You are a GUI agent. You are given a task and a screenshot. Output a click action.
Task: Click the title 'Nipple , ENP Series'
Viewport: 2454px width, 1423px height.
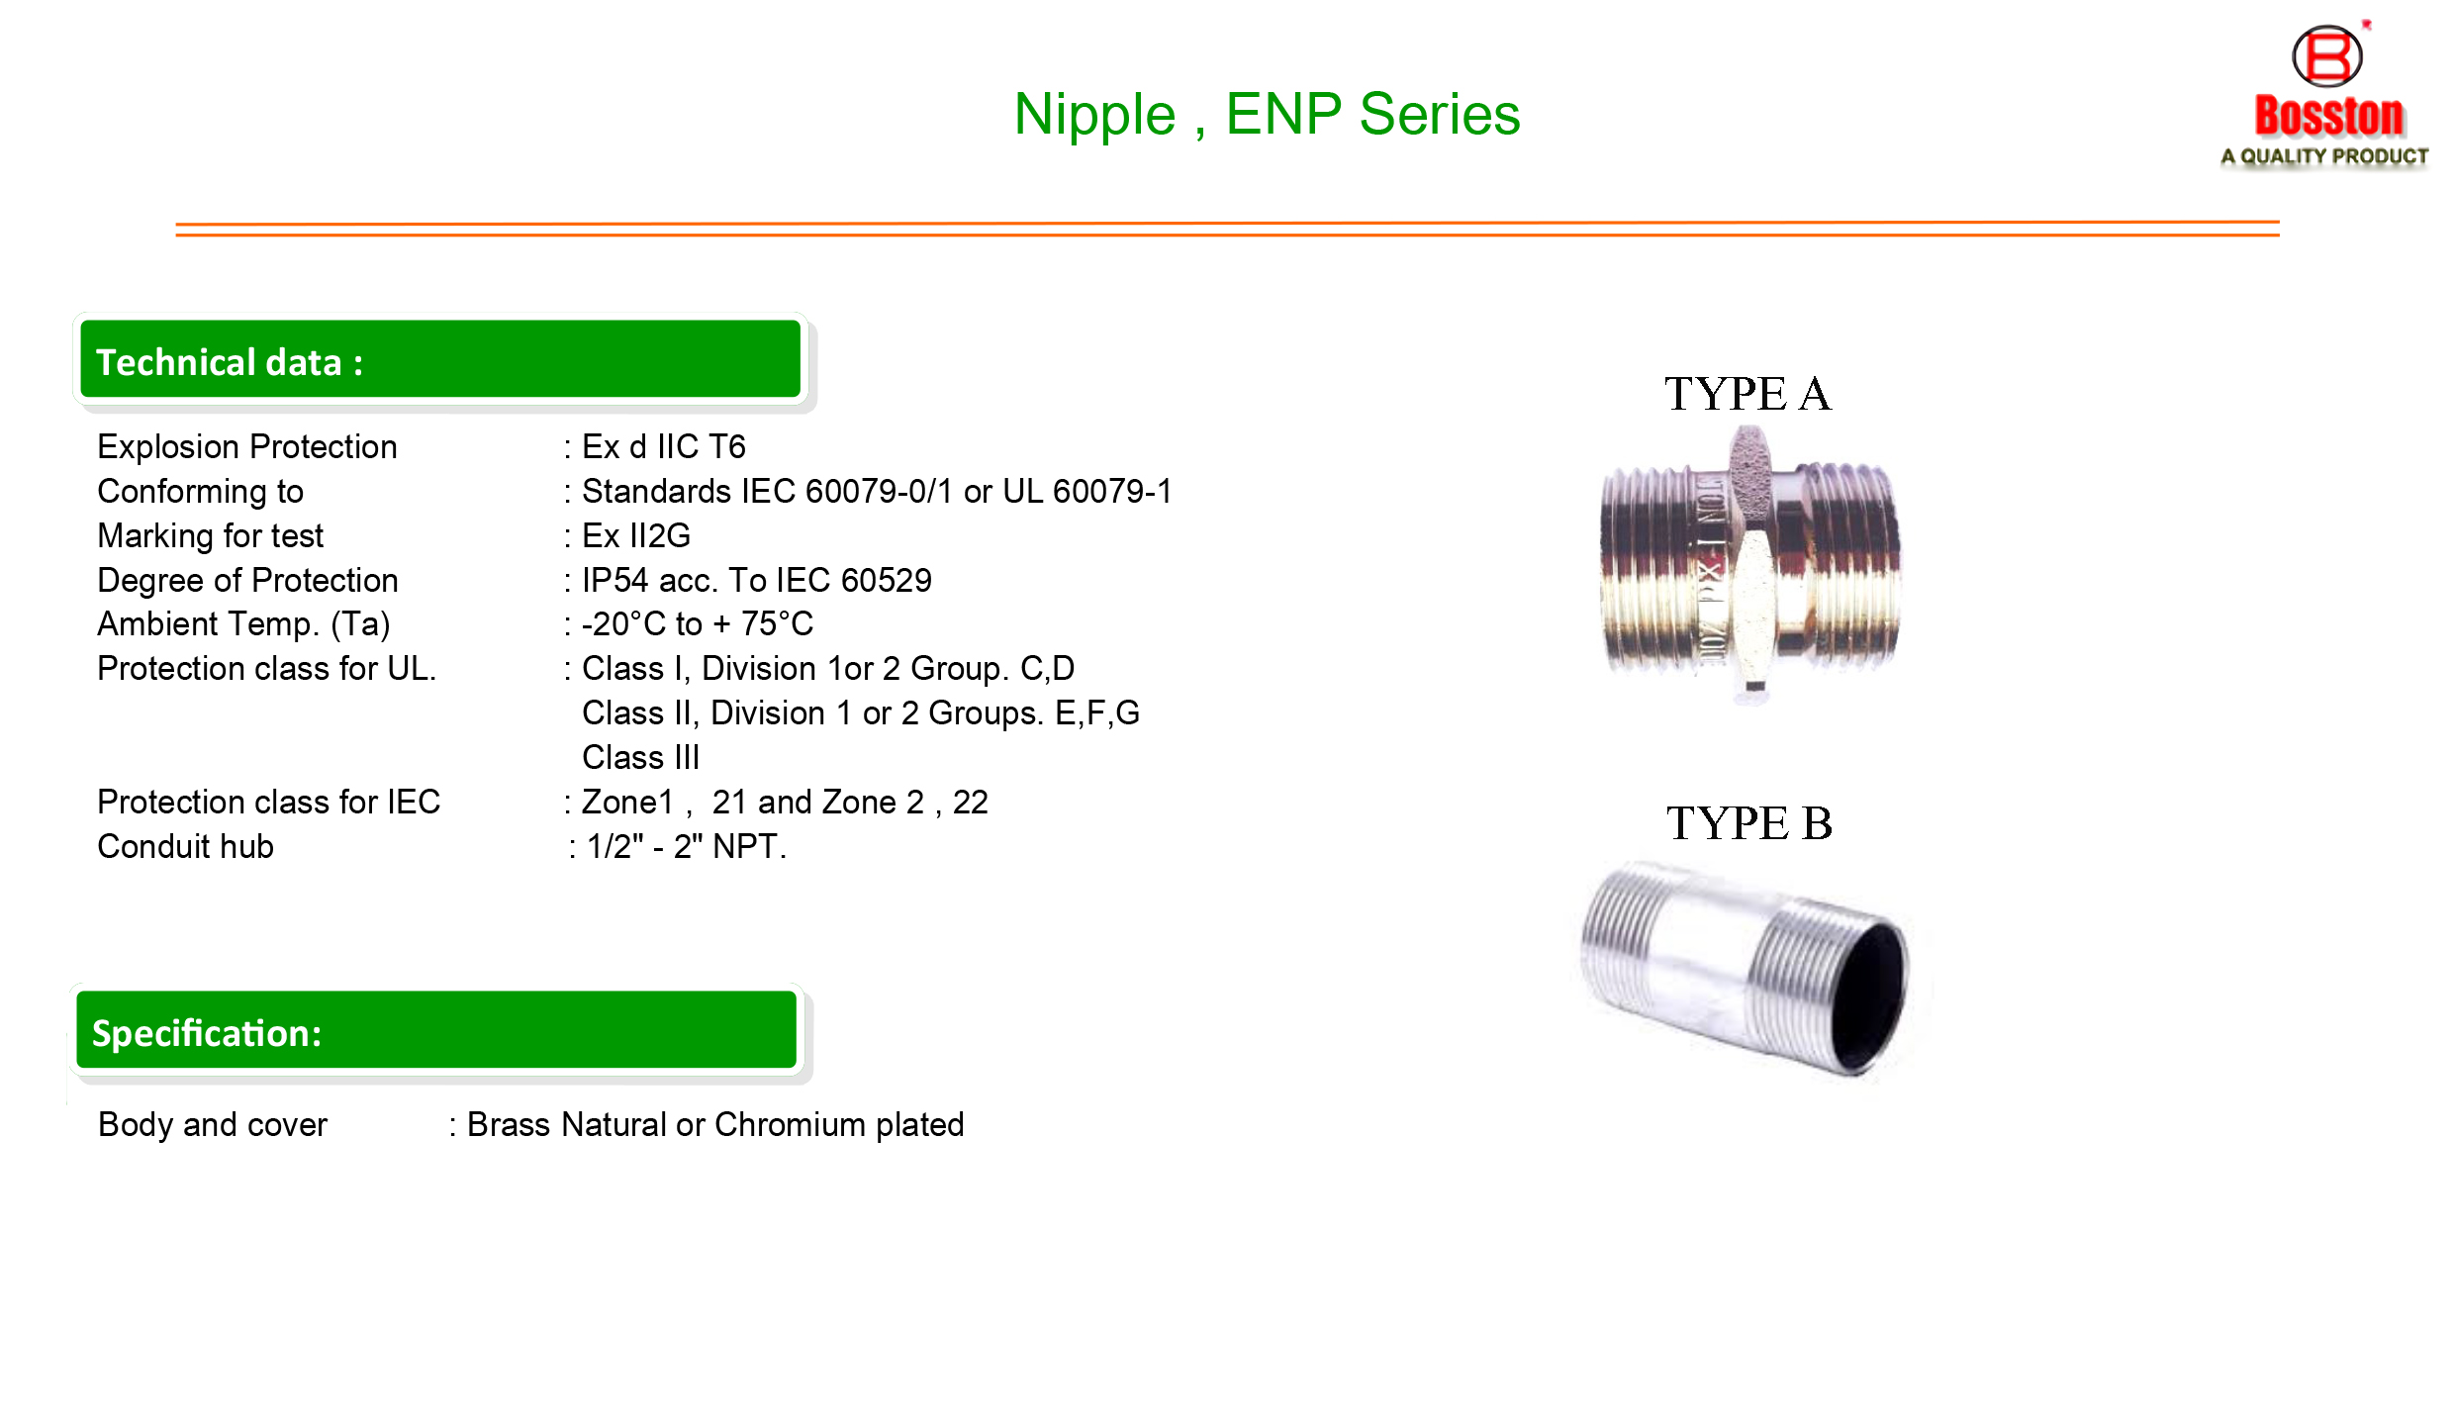(1267, 115)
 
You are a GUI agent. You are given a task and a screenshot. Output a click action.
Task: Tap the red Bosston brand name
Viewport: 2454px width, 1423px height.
(2328, 116)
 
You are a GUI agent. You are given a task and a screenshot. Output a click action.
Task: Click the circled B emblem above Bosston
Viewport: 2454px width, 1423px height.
(2326, 56)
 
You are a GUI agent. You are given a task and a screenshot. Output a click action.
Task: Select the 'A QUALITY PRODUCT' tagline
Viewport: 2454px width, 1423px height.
(2324, 156)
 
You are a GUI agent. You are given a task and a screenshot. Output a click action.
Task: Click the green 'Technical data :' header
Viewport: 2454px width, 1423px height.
(440, 359)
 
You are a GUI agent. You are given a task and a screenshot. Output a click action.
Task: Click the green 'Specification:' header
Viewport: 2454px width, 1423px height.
(436, 1030)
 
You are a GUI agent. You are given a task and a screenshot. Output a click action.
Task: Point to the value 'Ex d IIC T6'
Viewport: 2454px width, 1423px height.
(664, 447)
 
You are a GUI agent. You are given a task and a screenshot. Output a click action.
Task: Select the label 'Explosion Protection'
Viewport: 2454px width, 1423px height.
(247, 447)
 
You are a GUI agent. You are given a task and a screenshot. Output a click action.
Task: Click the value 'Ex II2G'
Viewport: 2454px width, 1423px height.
(636, 536)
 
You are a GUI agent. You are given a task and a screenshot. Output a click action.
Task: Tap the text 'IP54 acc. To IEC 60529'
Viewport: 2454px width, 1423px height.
(757, 581)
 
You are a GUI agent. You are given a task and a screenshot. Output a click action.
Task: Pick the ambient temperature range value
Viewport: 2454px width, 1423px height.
(698, 624)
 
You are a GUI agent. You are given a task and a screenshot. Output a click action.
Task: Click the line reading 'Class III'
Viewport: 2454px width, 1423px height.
(641, 758)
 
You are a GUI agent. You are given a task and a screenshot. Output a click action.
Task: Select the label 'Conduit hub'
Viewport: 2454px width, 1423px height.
(186, 847)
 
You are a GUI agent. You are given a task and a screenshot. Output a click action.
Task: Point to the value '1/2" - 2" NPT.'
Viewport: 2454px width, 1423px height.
(687, 847)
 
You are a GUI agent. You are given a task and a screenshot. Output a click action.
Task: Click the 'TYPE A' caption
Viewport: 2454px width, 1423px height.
(1747, 394)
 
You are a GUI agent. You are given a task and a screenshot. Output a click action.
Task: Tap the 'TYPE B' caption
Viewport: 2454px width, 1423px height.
(1748, 823)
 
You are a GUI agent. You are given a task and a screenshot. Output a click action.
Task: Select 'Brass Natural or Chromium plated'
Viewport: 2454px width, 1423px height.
(715, 1125)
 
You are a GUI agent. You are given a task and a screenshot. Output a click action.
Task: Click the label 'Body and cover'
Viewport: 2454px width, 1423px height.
(213, 1125)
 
